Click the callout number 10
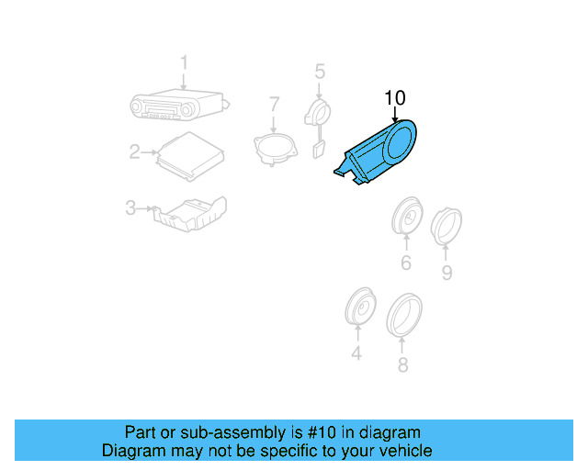(394, 97)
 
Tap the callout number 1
(183, 62)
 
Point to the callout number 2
(134, 151)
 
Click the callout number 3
(130, 209)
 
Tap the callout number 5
(320, 71)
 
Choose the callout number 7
(274, 106)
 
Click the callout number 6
(405, 264)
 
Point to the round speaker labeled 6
(405, 218)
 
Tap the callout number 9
(447, 272)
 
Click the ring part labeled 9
(446, 226)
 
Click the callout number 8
(401, 365)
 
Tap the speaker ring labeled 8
(403, 313)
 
